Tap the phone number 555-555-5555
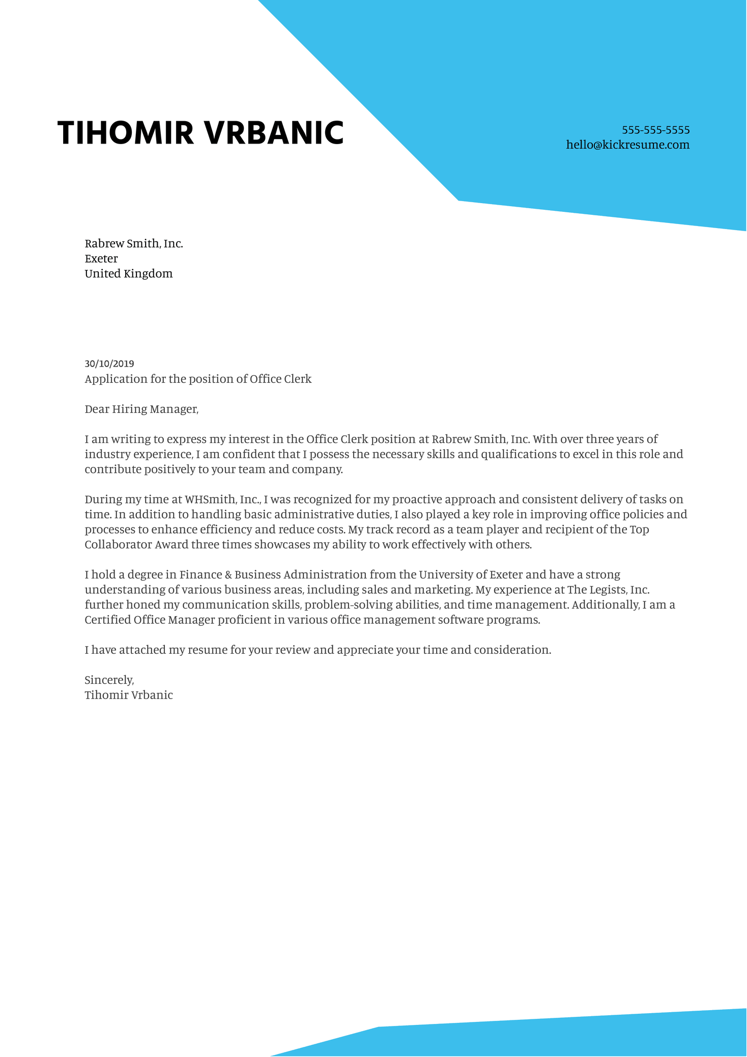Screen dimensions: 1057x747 click(x=655, y=130)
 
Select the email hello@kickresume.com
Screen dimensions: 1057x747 click(x=627, y=145)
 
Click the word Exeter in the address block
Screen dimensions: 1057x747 click(x=101, y=259)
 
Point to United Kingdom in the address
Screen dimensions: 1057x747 click(x=128, y=274)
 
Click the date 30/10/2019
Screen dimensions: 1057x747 click(x=109, y=364)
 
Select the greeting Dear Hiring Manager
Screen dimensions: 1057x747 click(x=141, y=409)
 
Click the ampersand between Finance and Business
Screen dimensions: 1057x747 click(x=228, y=575)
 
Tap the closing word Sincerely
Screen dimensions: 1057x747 click(x=108, y=680)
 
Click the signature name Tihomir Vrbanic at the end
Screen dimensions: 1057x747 click(x=128, y=695)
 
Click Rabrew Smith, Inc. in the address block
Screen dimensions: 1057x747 click(x=133, y=243)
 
